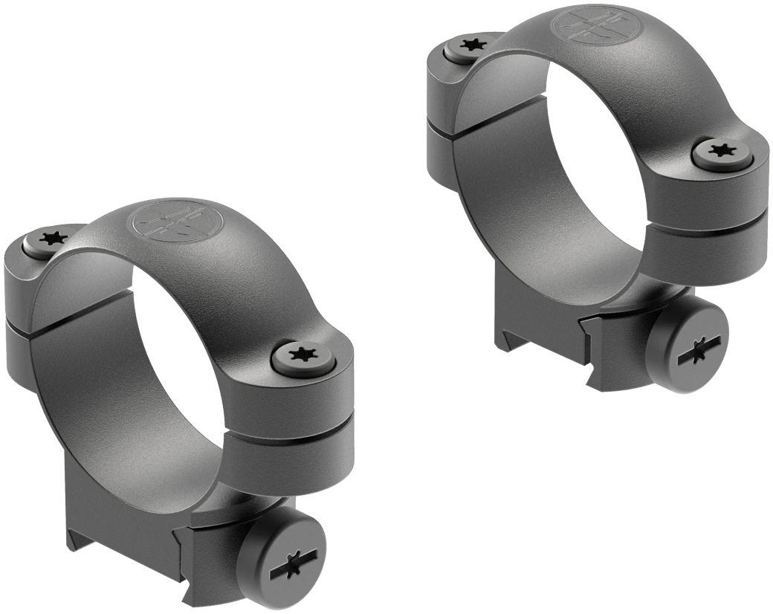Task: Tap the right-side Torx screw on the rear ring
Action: click(x=721, y=152)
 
